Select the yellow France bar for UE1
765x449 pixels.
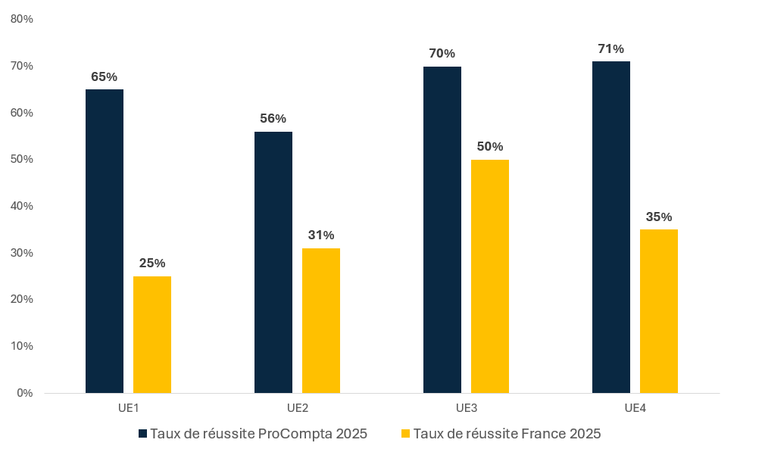(152, 335)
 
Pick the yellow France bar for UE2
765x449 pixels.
(321, 320)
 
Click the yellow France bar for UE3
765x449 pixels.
(490, 276)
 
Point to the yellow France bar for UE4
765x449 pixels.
(659, 311)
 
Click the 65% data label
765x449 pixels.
(105, 76)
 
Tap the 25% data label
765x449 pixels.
(152, 263)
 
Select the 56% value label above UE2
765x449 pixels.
(273, 119)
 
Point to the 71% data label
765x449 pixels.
(611, 49)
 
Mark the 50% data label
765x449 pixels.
(490, 147)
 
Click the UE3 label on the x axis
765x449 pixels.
(466, 408)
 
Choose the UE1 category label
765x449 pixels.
(128, 408)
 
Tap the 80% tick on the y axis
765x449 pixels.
(22, 20)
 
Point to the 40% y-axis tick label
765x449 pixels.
(22, 206)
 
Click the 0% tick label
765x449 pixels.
(25, 393)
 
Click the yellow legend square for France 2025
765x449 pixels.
(405, 434)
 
